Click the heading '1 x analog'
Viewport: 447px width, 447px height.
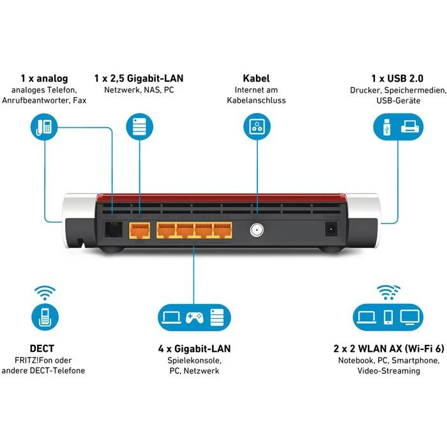pos(43,79)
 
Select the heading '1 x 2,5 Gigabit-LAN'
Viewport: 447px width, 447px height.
pos(139,79)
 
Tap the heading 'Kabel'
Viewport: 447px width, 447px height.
pos(256,79)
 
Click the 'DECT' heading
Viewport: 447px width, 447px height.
pos(43,349)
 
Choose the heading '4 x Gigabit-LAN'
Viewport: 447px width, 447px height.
pos(194,349)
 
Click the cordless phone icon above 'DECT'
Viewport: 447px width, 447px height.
pos(44,317)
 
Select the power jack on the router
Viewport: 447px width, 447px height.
pos(332,229)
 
